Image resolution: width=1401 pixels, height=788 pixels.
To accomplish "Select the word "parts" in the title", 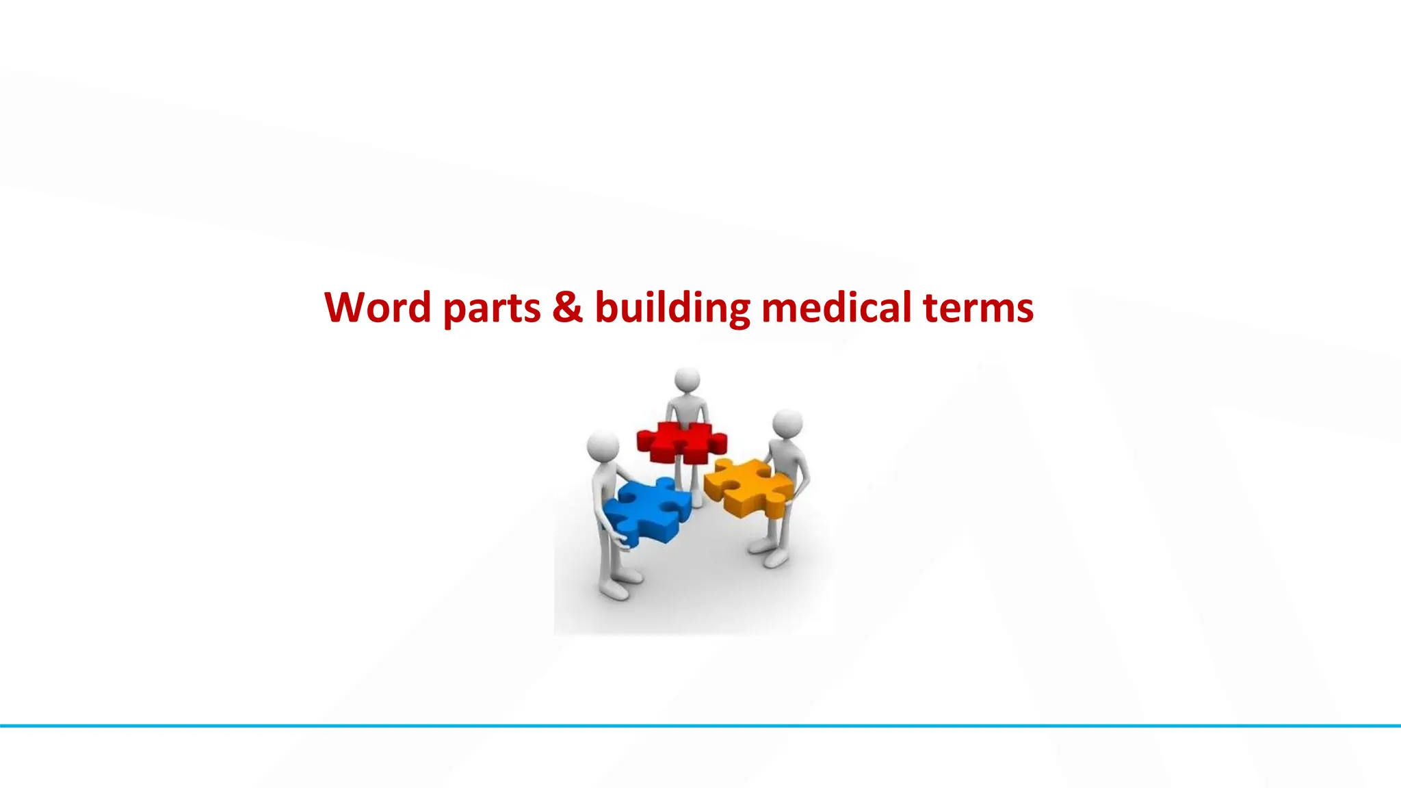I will tap(492, 309).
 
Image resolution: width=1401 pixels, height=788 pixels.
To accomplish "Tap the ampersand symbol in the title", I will tap(568, 307).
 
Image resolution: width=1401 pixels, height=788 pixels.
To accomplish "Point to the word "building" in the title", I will tap(672, 309).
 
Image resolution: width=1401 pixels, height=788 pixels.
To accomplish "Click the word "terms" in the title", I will tap(978, 308).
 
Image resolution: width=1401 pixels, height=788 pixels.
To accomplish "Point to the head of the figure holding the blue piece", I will tap(603, 445).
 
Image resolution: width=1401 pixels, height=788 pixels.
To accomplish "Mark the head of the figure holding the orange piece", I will tap(787, 423).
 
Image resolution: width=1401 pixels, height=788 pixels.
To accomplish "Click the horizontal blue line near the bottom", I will tap(700, 726).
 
